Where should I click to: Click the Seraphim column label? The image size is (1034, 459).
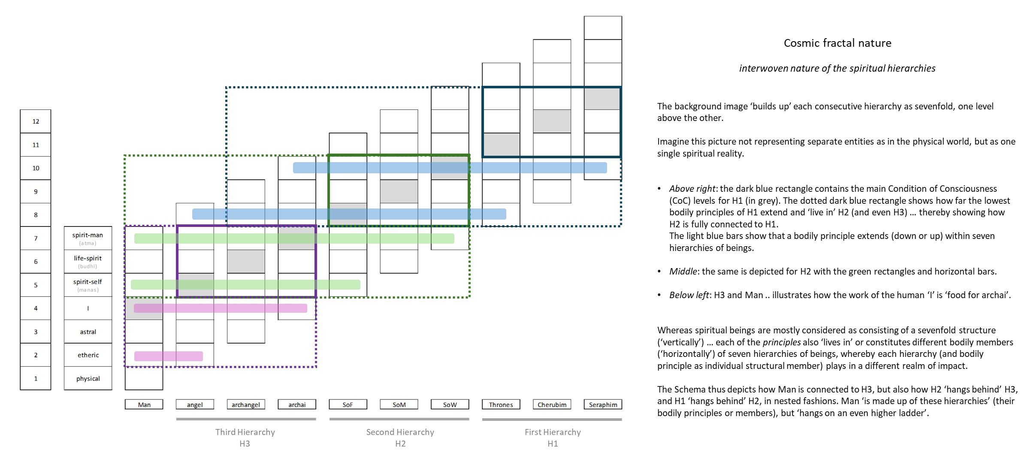[x=603, y=405]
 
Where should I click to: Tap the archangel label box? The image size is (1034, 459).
[x=246, y=405]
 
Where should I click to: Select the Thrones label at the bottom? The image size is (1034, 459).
[x=501, y=405]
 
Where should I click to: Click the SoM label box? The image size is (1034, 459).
[x=399, y=405]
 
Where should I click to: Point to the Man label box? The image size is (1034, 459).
[x=144, y=405]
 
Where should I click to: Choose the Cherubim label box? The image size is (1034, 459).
[x=552, y=405]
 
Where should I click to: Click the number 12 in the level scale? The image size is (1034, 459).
[x=36, y=121]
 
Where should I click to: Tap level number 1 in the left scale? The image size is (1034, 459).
[x=36, y=378]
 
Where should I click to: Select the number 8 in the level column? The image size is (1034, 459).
[x=36, y=215]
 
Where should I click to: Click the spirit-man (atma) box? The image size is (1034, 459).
[x=88, y=238]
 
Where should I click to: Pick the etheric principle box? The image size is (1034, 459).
[x=88, y=355]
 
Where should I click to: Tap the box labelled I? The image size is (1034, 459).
[x=88, y=308]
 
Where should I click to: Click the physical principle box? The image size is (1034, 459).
[x=88, y=378]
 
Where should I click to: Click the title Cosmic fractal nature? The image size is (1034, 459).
[x=837, y=43]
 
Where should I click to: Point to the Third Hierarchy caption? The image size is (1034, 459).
[x=245, y=432]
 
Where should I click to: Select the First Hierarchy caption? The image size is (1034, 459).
[x=553, y=432]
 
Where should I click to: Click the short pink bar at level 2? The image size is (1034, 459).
[x=169, y=356]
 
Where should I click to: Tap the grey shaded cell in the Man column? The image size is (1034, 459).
[x=144, y=308]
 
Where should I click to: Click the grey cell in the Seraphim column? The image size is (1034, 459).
[x=603, y=98]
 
